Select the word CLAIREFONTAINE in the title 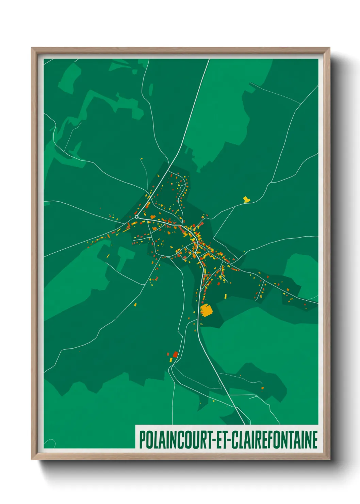point(275,440)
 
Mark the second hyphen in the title point(230,440)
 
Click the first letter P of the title point(142,440)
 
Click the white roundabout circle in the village point(136,217)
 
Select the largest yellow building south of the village point(206,310)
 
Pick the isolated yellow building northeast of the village point(246,199)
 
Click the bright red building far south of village point(175,355)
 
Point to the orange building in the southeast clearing point(262,388)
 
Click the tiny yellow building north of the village point(142,159)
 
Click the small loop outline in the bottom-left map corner point(50,443)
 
